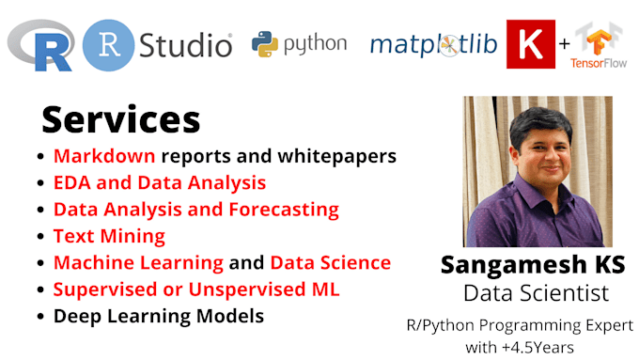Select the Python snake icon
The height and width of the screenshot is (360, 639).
click(266, 43)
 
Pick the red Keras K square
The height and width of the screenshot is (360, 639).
click(531, 44)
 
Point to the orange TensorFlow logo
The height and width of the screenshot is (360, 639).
click(596, 40)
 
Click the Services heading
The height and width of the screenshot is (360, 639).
click(120, 119)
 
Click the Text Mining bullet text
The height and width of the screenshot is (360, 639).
click(109, 236)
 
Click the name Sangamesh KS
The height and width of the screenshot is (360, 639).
click(533, 266)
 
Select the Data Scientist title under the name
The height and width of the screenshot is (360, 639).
click(533, 293)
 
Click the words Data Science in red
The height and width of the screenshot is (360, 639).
click(330, 263)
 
